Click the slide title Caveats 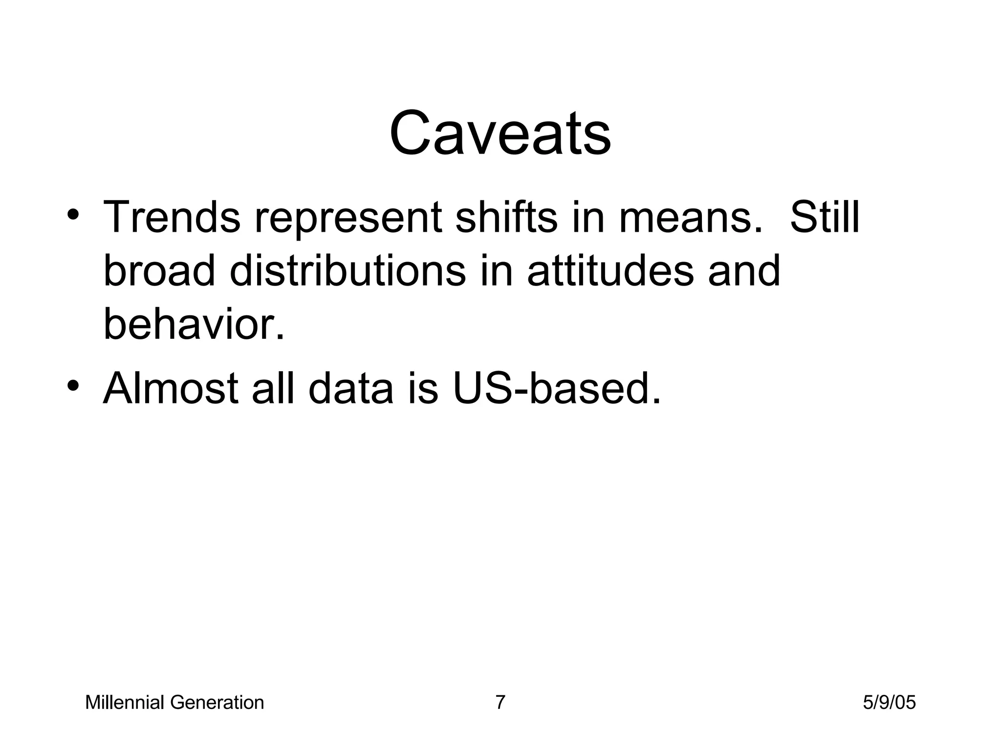(500, 133)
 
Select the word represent (348, 218)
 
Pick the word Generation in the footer (217, 703)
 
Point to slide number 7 (500, 703)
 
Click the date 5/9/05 (889, 703)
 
